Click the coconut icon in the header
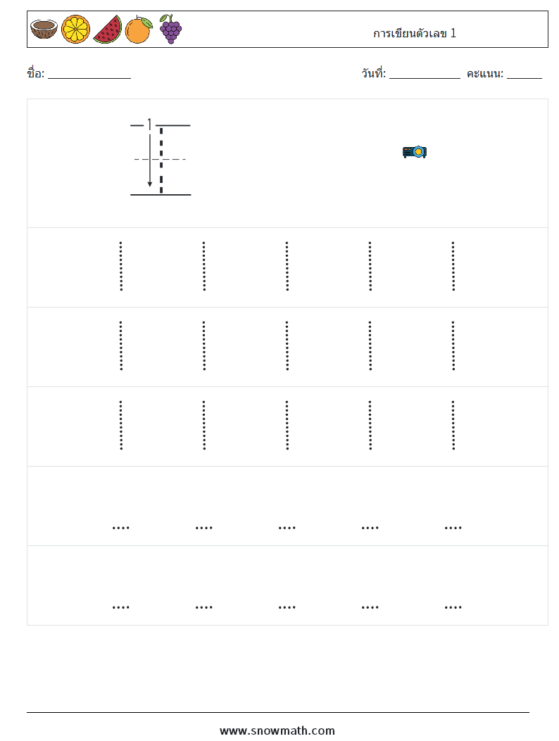(44, 29)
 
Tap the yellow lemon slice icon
(75, 30)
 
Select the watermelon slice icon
(107, 30)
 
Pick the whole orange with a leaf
(139, 30)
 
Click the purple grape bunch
(170, 30)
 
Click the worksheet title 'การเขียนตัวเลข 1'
(414, 33)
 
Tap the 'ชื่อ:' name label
(35, 73)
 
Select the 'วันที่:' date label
(374, 73)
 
